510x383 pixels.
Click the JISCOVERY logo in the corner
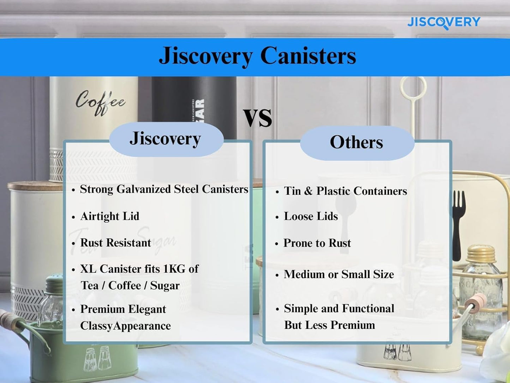(443, 22)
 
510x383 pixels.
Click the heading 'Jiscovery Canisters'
(257, 56)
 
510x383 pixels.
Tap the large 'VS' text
(258, 118)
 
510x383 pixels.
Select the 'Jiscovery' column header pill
(166, 139)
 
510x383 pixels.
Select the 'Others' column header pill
(356, 142)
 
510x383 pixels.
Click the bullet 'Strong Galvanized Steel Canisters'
(164, 189)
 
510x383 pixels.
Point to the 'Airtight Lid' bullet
(110, 216)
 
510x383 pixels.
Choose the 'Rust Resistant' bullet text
(115, 243)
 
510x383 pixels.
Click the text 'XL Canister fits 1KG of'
(139, 269)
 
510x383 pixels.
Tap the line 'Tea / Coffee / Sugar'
(130, 285)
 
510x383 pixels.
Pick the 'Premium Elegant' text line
(123, 309)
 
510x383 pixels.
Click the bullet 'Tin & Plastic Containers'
(345, 191)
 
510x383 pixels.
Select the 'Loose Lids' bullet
(311, 216)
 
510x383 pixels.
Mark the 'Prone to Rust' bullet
(317, 243)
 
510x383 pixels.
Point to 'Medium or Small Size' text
(338, 274)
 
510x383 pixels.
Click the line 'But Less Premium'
(329, 325)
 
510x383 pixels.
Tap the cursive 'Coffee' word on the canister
(100, 102)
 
